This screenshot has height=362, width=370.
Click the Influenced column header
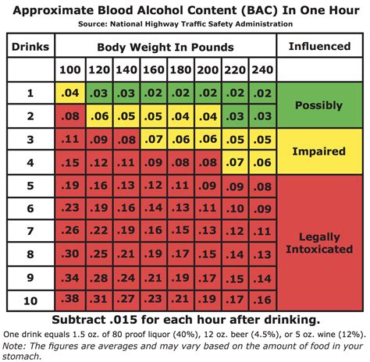pyautogui.click(x=320, y=46)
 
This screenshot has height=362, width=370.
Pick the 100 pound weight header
pyautogui.click(x=69, y=70)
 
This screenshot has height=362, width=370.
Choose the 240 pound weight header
pyautogui.click(x=263, y=70)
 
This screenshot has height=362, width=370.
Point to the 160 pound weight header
pyautogui.click(x=152, y=70)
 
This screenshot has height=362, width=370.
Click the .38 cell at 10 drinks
pyautogui.click(x=69, y=300)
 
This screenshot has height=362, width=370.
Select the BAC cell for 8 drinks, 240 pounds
pyautogui.click(x=263, y=254)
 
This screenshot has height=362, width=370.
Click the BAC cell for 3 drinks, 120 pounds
pyautogui.click(x=97, y=140)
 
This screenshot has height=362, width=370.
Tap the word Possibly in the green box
pyautogui.click(x=320, y=105)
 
